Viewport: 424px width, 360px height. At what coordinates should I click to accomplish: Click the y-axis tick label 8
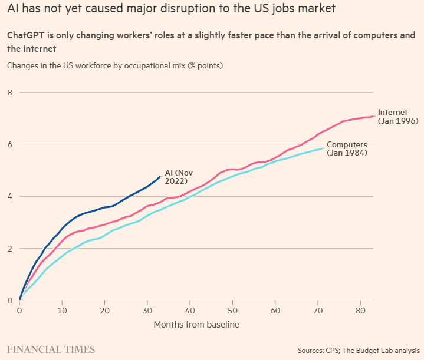click(x=10, y=93)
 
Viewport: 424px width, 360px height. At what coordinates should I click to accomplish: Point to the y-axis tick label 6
click(x=10, y=144)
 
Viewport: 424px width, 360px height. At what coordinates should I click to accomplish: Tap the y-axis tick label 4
click(x=10, y=196)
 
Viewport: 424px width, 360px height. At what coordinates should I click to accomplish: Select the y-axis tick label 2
click(x=10, y=249)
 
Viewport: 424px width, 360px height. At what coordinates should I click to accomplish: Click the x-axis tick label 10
click(x=62, y=311)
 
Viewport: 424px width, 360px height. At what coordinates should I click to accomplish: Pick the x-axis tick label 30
click(x=147, y=311)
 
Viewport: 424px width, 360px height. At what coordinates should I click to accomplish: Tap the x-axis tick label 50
click(x=232, y=311)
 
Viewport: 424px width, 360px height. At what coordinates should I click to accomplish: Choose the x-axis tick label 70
click(x=318, y=311)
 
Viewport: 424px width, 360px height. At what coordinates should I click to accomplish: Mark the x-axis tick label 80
click(x=360, y=311)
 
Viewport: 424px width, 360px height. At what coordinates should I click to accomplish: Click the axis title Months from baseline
click(x=196, y=324)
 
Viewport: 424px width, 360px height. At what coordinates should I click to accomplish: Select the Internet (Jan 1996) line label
click(x=398, y=117)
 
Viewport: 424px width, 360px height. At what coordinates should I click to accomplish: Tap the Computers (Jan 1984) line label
click(x=347, y=148)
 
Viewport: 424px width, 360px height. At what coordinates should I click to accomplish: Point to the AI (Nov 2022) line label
click(x=179, y=177)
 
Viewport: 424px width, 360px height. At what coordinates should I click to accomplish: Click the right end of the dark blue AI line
click(x=160, y=177)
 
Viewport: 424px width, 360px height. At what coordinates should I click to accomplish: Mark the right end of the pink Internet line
click(x=373, y=116)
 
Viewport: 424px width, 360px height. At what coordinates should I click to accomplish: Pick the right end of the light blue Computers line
click(x=322, y=148)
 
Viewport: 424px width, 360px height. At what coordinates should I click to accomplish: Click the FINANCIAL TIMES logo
click(x=51, y=350)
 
